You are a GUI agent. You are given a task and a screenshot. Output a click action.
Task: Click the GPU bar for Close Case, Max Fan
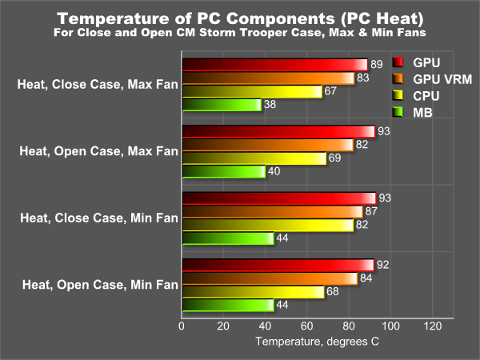274,65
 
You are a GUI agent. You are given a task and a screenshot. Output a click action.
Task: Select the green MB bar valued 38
222,105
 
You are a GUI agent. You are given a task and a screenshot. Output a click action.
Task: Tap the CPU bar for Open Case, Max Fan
254,158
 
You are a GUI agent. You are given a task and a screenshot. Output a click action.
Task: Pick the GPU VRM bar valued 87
272,211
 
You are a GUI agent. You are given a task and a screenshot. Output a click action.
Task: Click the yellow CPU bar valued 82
267,225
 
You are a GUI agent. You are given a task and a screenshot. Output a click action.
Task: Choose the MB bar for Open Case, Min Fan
228,305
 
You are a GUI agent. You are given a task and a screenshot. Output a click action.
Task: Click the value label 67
330,91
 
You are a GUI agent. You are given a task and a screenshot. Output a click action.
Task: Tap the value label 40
274,172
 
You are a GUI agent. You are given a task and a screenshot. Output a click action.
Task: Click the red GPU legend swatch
398,62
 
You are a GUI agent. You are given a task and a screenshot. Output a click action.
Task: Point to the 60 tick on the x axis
307,326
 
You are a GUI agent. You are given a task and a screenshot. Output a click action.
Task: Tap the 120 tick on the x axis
432,326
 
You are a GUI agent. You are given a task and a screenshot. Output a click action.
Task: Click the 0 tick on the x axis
182,326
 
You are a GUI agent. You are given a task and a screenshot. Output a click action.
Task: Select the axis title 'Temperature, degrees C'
317,342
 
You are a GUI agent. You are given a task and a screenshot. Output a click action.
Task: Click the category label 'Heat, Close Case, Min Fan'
98,217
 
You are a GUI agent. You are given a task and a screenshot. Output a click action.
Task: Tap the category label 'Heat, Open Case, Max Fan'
97,150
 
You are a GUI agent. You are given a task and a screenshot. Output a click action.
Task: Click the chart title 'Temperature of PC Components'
240,18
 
